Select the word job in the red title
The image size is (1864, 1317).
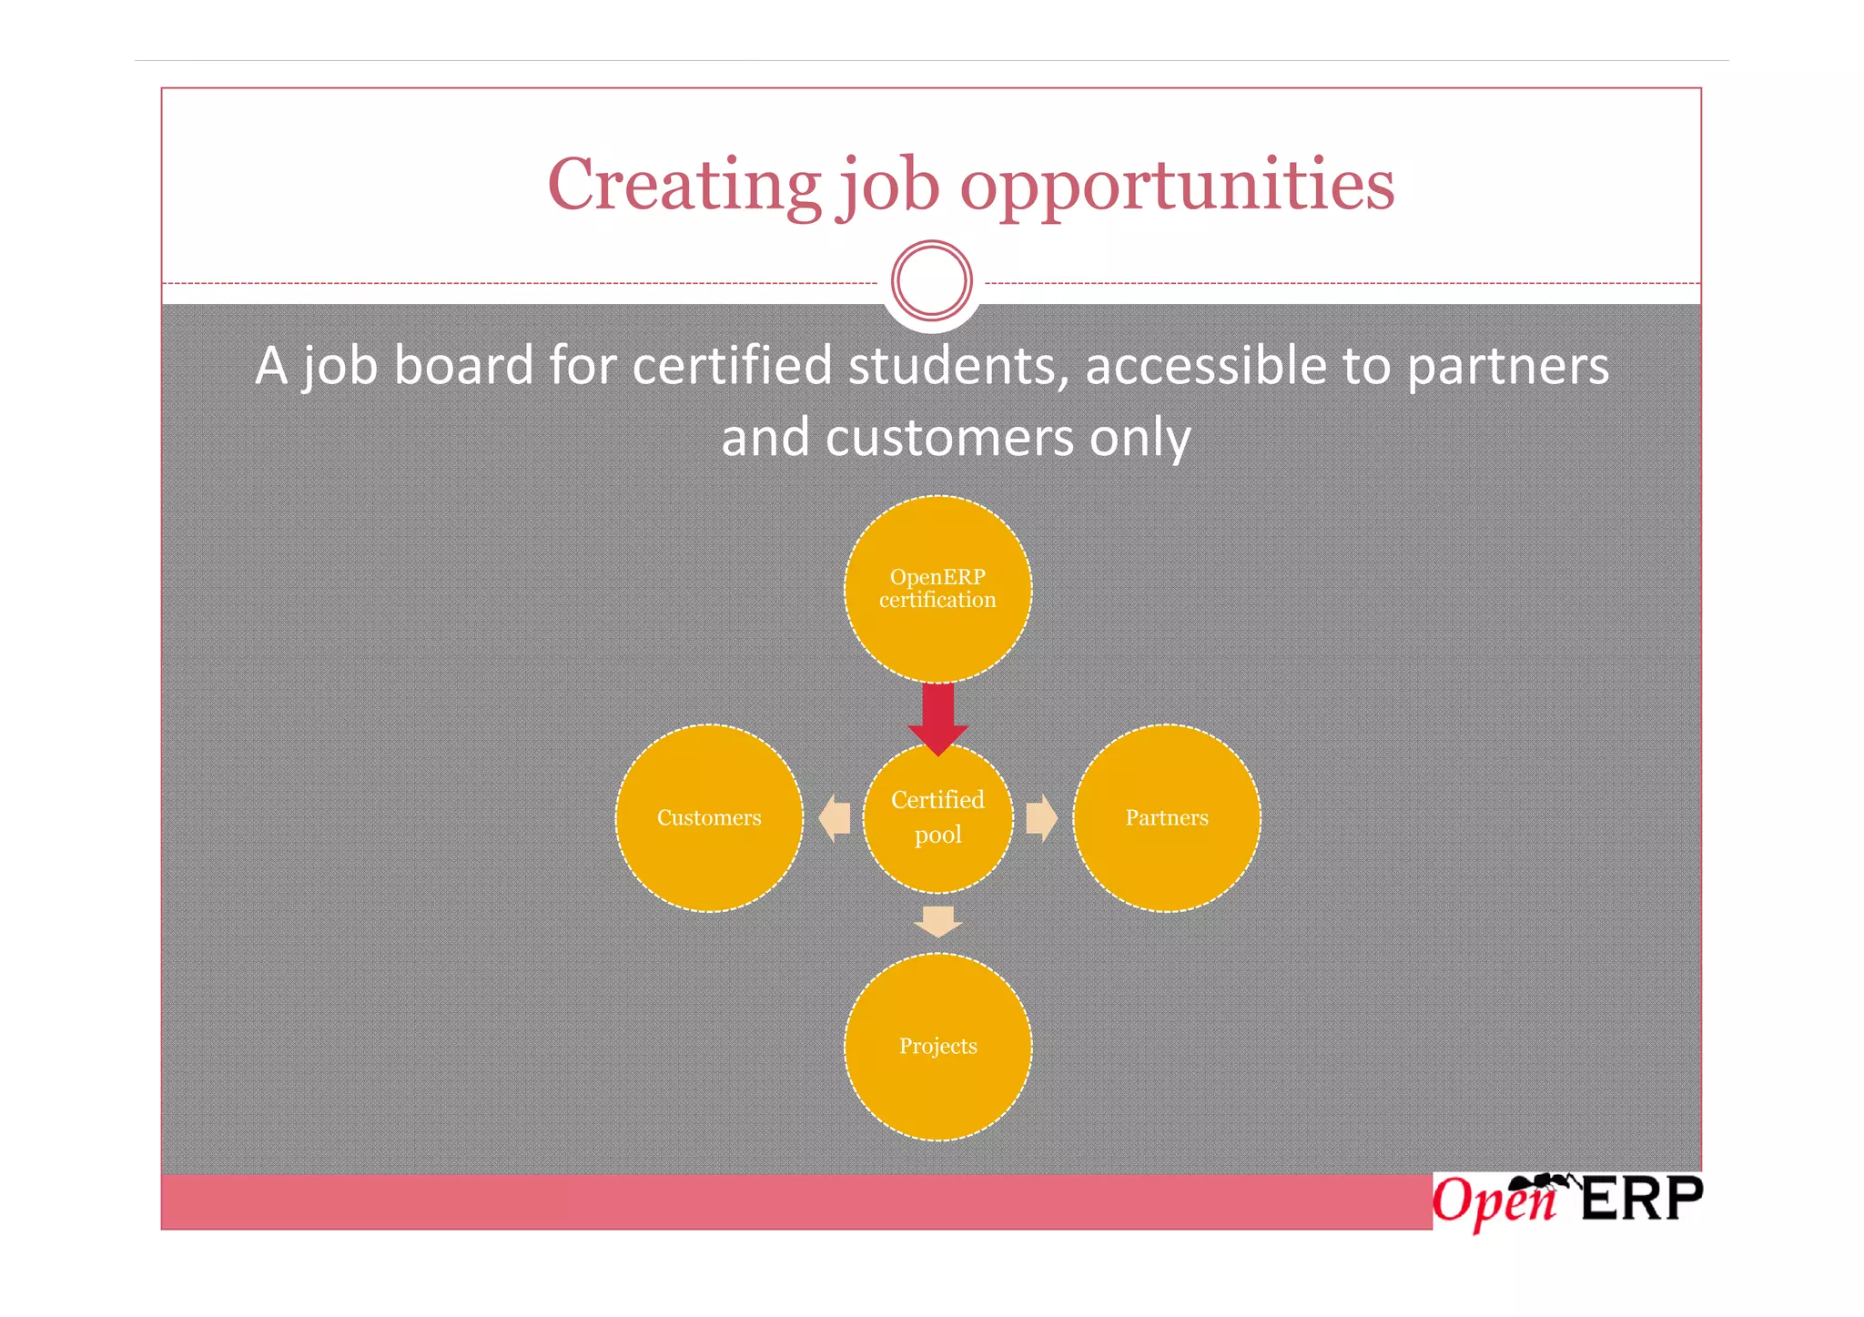click(888, 186)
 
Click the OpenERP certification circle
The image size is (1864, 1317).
click(937, 589)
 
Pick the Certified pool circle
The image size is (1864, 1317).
click(937, 818)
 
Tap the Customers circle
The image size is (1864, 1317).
click(709, 818)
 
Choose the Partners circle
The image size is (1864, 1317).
click(1167, 818)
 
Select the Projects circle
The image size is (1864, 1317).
click(937, 1047)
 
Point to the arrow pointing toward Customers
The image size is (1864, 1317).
click(835, 817)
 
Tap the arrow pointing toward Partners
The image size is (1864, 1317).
click(1041, 817)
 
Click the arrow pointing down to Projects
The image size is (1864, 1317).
click(937, 920)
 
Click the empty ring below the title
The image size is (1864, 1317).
click(931, 280)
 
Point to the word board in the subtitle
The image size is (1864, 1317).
click(463, 366)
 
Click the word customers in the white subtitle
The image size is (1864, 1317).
click(950, 438)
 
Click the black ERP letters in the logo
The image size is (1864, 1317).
click(1641, 1200)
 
